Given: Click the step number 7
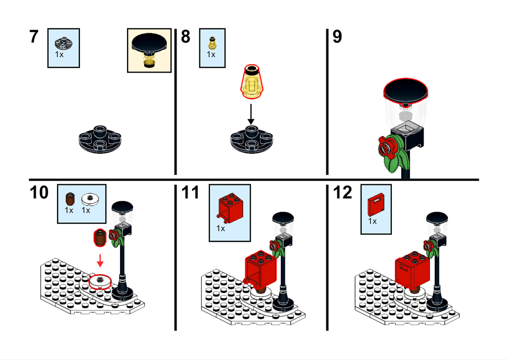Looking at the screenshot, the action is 34,37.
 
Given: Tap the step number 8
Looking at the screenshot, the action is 186,37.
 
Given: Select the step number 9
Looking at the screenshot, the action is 337,37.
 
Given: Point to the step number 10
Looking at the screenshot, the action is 39,193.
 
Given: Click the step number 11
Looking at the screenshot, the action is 190,193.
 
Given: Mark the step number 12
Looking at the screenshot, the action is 342,193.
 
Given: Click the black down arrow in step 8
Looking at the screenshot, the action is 251,114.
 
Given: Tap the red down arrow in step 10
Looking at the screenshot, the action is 100,260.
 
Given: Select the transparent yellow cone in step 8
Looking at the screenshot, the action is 252,81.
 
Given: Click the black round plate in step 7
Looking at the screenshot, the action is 100,139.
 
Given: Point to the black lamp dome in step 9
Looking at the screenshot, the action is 406,89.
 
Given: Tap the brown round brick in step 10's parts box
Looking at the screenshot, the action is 70,199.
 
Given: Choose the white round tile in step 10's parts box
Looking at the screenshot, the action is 90,199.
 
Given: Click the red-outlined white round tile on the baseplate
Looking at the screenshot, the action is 100,282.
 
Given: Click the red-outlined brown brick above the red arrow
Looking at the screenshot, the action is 100,238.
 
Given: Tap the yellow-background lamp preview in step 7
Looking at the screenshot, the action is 149,50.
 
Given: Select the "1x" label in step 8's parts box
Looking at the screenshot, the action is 211,55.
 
